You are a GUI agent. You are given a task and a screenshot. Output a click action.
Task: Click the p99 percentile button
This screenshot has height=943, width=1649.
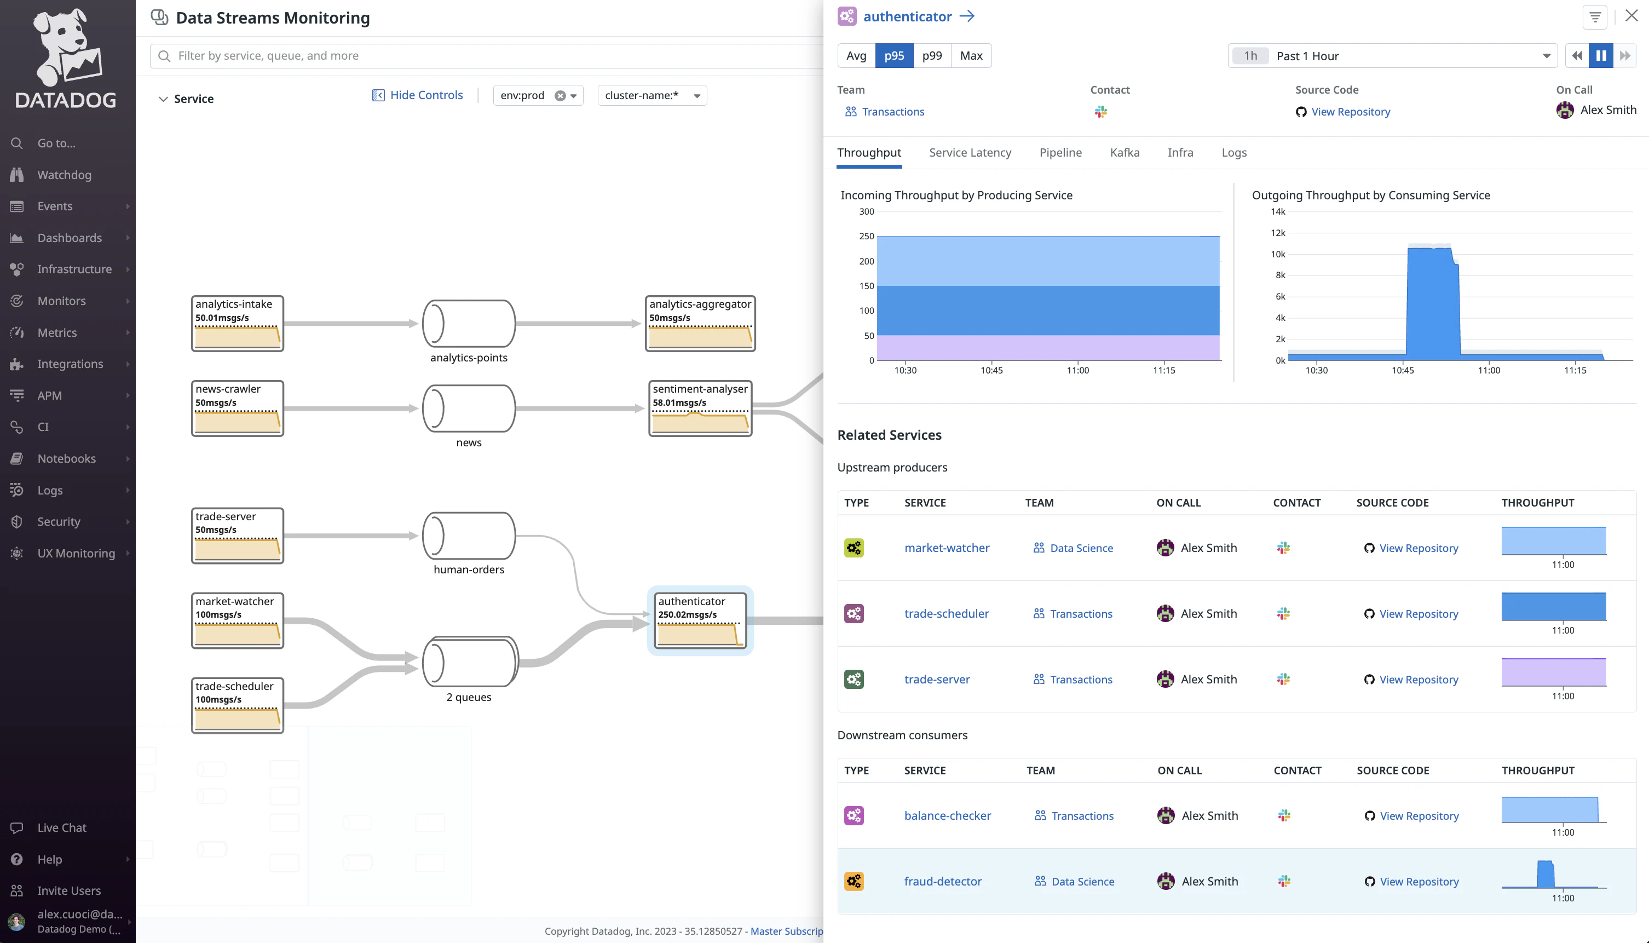[932, 56]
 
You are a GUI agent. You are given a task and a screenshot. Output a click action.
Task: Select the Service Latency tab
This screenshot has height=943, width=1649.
[969, 152]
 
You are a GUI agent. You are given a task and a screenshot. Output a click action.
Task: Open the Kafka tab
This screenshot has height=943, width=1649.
[1124, 152]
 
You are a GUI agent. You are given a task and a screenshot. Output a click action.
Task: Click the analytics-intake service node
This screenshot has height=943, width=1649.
[237, 323]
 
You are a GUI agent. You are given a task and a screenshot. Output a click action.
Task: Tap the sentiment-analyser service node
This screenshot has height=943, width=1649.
[700, 408]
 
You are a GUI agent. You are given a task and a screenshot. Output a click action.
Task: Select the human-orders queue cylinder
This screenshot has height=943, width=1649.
[468, 536]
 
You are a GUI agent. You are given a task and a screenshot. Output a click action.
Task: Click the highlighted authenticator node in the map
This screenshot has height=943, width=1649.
[700, 620]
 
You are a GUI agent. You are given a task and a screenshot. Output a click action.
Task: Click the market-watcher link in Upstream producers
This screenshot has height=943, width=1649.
[947, 548]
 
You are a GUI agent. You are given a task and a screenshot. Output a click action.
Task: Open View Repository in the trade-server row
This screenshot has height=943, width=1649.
[1418, 680]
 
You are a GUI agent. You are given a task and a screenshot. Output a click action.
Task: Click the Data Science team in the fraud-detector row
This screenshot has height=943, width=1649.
[1082, 882]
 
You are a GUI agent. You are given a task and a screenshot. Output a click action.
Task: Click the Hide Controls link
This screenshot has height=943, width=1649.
[425, 95]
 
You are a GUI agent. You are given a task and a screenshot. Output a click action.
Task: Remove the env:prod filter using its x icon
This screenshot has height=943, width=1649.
[560, 96]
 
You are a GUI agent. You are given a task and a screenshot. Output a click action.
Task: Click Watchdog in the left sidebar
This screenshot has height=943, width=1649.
[64, 175]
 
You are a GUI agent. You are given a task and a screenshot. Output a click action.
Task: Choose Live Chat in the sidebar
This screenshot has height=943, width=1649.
[61, 827]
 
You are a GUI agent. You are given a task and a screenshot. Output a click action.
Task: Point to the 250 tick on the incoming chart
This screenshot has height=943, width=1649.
[866, 237]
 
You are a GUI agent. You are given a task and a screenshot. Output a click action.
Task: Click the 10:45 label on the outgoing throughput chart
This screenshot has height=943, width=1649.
[1402, 370]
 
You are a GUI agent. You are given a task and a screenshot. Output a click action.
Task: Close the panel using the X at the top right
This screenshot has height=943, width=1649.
[1631, 16]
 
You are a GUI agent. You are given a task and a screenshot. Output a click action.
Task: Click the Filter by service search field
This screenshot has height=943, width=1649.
[486, 56]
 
